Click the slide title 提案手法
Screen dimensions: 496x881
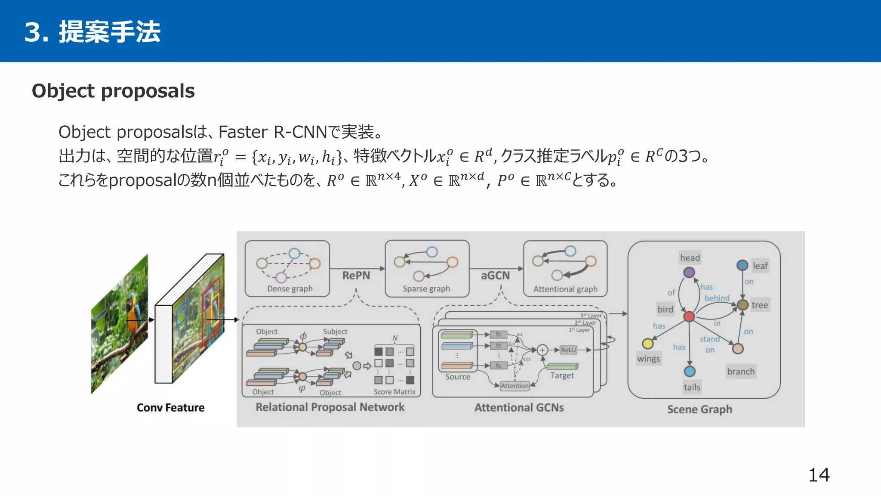[x=109, y=32]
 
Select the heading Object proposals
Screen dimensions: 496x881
[x=113, y=91]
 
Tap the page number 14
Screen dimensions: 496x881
[x=819, y=475]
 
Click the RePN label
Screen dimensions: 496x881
[x=356, y=276]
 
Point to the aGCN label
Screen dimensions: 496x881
[x=495, y=276]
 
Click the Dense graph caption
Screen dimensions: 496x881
[x=290, y=289]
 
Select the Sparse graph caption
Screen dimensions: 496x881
[x=426, y=289]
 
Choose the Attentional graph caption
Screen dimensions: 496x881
[x=565, y=289]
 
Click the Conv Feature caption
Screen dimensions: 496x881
[x=170, y=408]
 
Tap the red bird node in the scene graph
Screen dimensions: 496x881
[x=689, y=317]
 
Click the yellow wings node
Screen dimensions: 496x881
[x=647, y=344]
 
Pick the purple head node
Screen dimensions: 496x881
[x=689, y=272]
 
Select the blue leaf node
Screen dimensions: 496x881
[x=742, y=265]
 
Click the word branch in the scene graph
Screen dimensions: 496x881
[x=740, y=372]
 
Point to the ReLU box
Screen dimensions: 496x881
[x=568, y=350]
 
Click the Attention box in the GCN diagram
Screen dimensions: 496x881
[x=514, y=386]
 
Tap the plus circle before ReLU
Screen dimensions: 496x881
[x=542, y=350]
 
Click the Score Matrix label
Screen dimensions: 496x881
[x=394, y=392]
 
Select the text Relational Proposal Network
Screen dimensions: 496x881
[x=330, y=407]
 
